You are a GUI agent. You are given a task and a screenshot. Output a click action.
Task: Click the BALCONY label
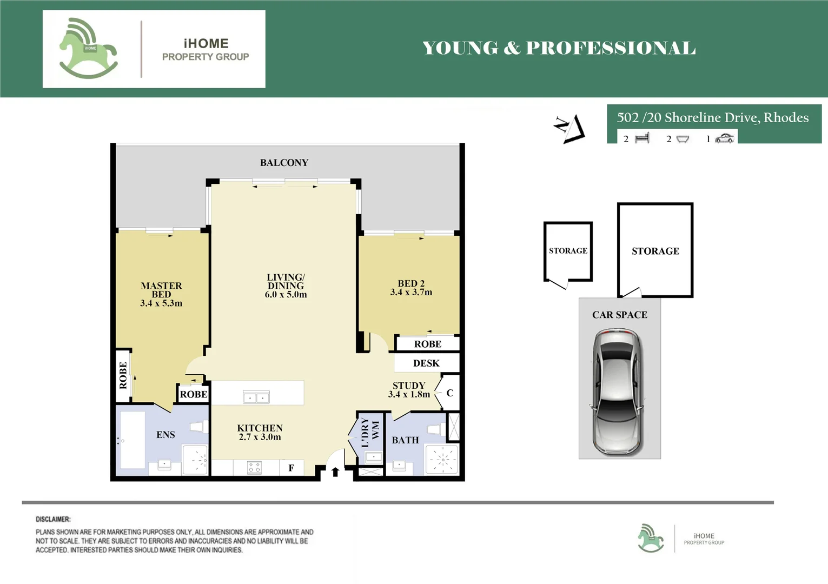pyautogui.click(x=284, y=163)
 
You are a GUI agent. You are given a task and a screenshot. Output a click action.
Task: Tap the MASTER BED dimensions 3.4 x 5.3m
pyautogui.click(x=161, y=303)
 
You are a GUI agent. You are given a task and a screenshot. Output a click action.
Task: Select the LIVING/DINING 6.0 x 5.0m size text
pyautogui.click(x=286, y=295)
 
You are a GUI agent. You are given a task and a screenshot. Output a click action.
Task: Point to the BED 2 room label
pyautogui.click(x=411, y=283)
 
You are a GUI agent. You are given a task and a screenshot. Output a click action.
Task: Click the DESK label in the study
pyautogui.click(x=426, y=363)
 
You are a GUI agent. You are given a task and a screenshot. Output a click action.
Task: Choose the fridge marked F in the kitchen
pyautogui.click(x=292, y=468)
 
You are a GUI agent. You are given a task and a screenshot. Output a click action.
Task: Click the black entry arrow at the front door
pyautogui.click(x=335, y=472)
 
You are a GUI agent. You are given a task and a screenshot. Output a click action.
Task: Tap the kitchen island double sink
pyautogui.click(x=256, y=397)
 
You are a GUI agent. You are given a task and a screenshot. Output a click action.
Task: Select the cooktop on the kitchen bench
pyautogui.click(x=254, y=468)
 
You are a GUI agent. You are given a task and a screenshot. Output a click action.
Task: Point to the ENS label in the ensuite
pyautogui.click(x=165, y=435)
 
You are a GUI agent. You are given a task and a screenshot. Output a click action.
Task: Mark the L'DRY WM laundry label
pyautogui.click(x=370, y=432)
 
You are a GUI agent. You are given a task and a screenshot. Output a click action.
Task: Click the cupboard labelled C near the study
pyautogui.click(x=450, y=393)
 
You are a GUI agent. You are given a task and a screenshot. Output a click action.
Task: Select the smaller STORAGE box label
pyautogui.click(x=568, y=251)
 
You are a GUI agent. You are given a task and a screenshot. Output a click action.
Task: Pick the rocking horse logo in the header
pyautogui.click(x=89, y=48)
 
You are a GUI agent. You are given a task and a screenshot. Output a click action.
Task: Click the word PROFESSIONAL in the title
pyautogui.click(x=611, y=49)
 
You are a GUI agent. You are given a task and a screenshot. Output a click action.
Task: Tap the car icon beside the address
pyautogui.click(x=724, y=138)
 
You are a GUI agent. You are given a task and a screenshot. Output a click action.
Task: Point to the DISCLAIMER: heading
pyautogui.click(x=53, y=519)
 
